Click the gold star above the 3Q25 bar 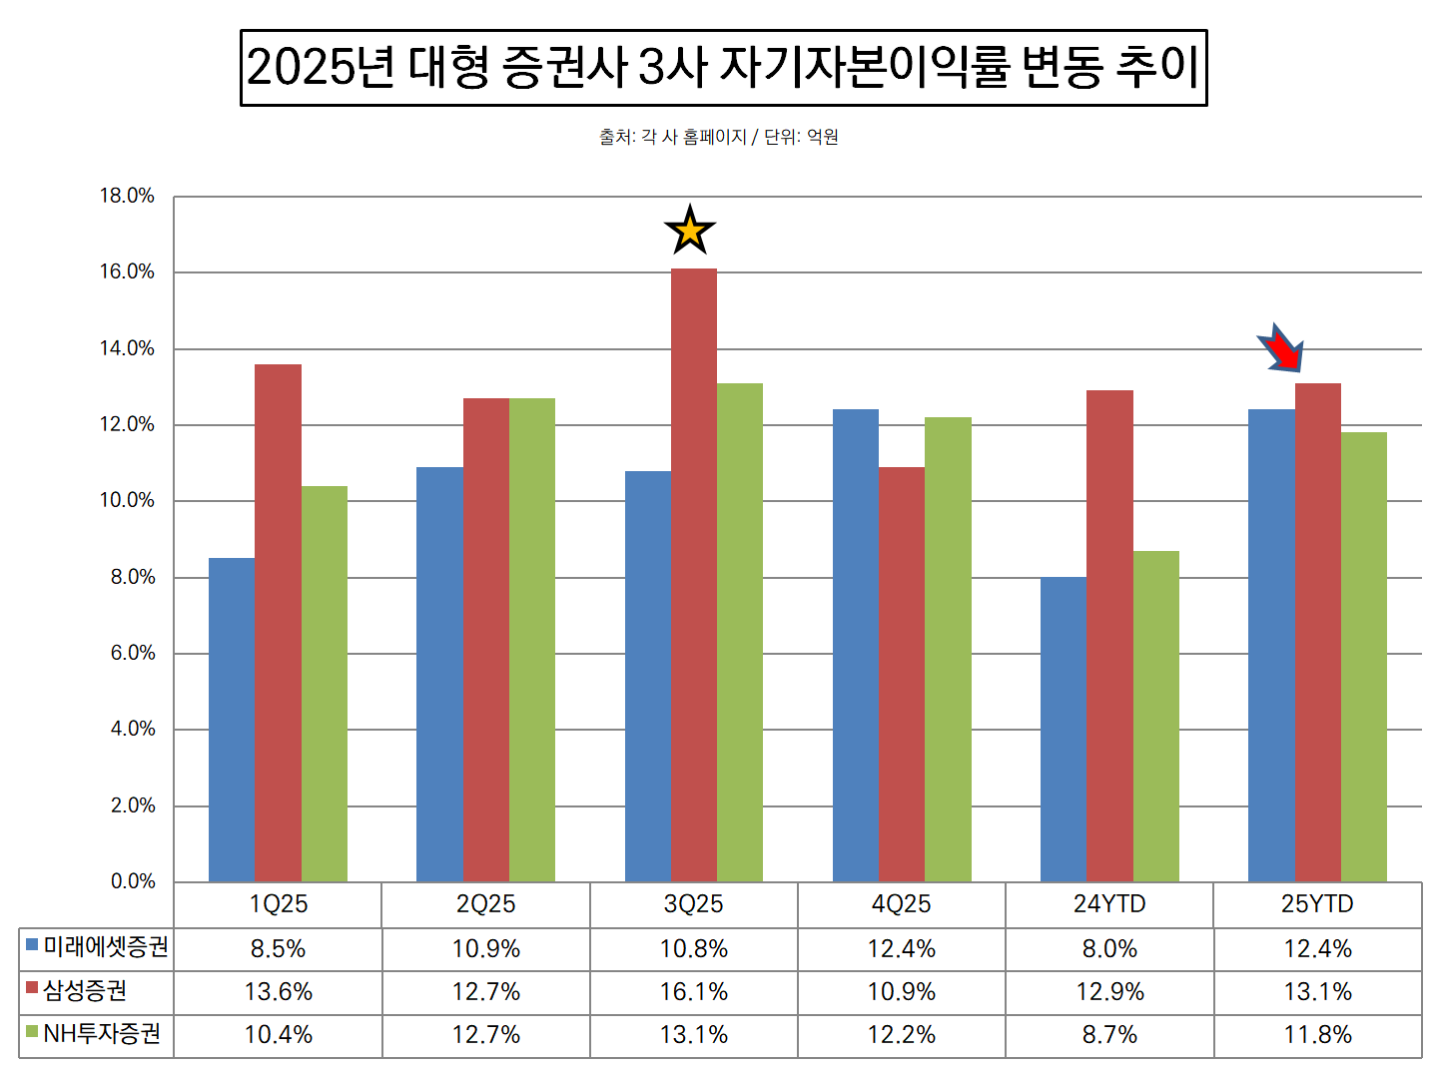pos(690,231)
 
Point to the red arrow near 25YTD pos(1281,348)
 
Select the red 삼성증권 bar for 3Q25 pos(694,575)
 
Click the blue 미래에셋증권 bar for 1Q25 pos(232,720)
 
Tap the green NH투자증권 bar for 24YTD pos(1156,716)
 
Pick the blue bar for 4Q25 pos(856,645)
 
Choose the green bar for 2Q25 pos(532,640)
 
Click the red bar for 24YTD pos(1109,636)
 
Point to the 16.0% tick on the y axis pos(127,271)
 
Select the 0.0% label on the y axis pos(133,881)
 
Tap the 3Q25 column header pos(694,904)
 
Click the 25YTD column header pos(1317,904)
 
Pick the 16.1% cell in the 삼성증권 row pos(694,992)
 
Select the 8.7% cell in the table pos(1109,1035)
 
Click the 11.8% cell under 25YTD pos(1317,1035)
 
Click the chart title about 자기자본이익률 pos(723,68)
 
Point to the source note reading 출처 pos(718,137)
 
